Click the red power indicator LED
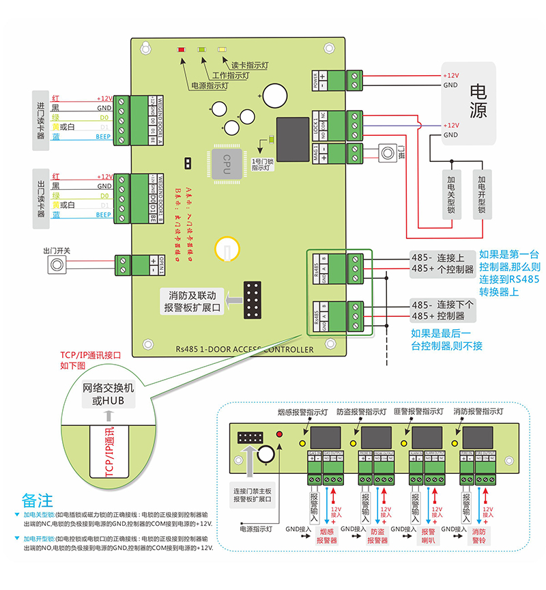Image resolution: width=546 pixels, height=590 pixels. [181, 50]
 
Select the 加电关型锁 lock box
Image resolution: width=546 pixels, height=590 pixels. [451, 195]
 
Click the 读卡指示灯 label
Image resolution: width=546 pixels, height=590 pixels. [250, 65]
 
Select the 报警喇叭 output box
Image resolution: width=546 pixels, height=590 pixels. [428, 535]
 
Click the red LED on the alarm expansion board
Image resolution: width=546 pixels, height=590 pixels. [278, 434]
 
